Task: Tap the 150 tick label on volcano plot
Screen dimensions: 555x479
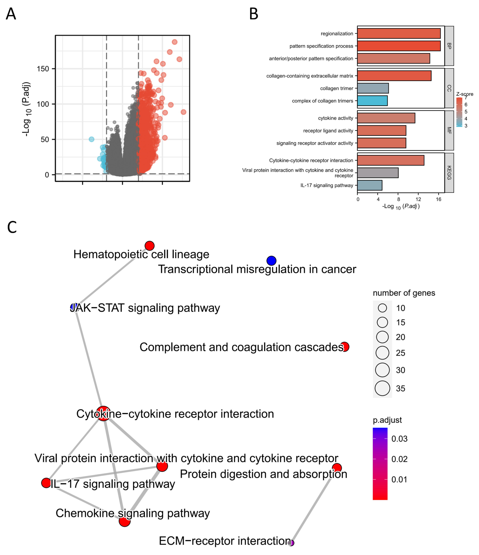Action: coord(43,69)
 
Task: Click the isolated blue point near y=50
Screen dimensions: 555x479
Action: coord(91,139)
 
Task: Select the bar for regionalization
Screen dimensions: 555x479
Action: coord(399,33)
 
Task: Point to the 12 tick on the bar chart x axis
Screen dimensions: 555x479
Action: coord(418,199)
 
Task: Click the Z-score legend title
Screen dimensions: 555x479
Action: coord(464,94)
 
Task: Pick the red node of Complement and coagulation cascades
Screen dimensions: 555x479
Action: coord(345,347)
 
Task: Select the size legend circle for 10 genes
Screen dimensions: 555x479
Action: coord(382,308)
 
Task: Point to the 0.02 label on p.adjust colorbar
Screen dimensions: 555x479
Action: coord(399,459)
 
